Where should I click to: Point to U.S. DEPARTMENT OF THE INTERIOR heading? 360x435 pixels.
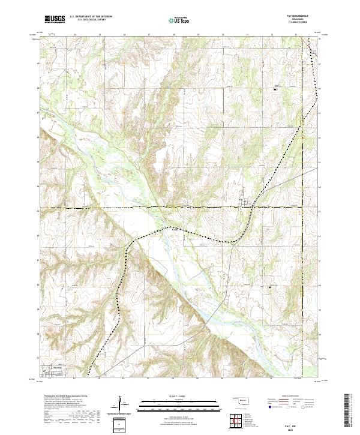tap(91, 16)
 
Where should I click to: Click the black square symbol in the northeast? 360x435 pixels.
tap(275, 89)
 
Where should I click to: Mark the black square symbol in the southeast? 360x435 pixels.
tap(269, 287)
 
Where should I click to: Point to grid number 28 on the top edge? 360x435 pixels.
tap(173, 35)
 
